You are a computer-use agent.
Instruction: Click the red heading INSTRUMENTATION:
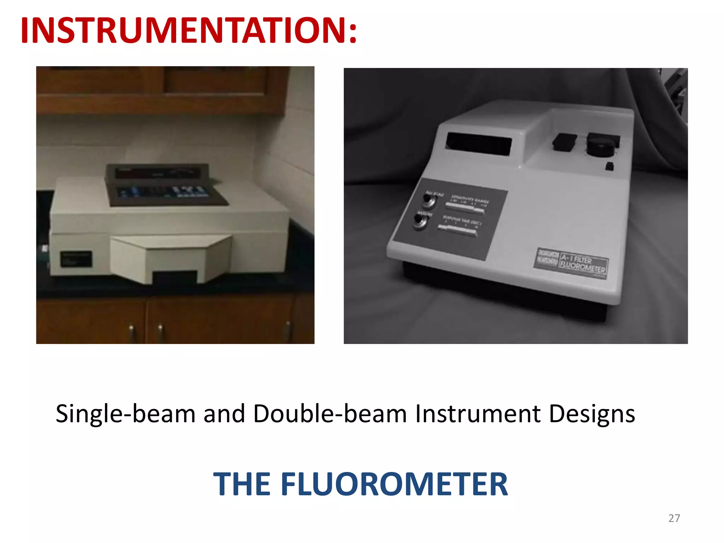(x=189, y=31)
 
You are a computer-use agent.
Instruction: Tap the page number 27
(x=674, y=518)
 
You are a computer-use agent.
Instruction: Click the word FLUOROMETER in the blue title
(x=394, y=484)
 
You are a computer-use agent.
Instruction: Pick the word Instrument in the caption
(x=478, y=414)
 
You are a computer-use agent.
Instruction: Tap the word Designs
(x=592, y=414)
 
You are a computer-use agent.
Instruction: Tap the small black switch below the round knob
(x=609, y=166)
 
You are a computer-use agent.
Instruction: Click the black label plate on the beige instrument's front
(x=76, y=259)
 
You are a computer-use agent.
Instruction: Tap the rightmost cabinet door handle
(x=288, y=331)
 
